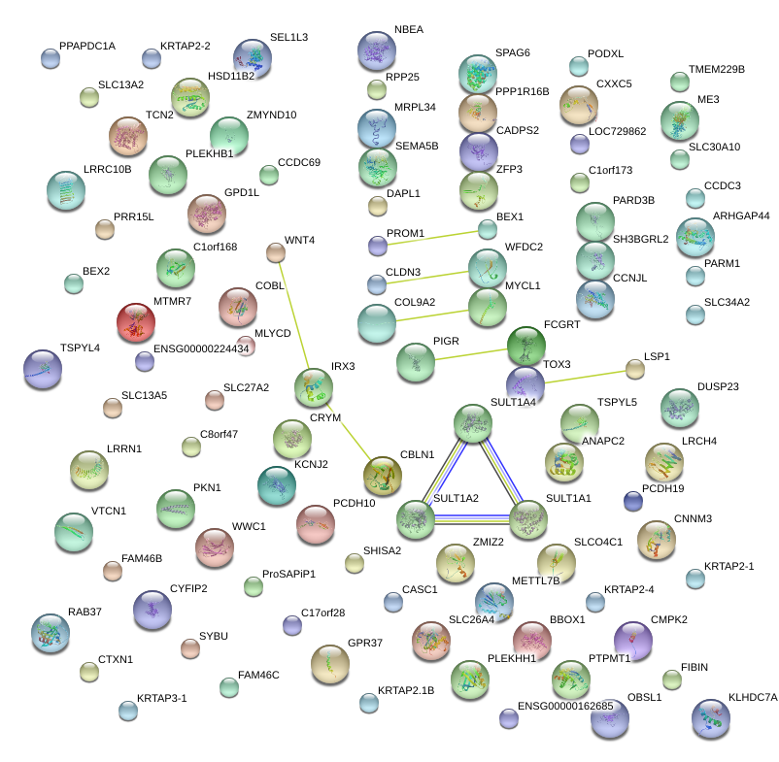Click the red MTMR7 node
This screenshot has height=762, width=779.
(x=135, y=322)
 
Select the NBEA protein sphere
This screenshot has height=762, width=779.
(x=377, y=50)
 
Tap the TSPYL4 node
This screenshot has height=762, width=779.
(x=42, y=369)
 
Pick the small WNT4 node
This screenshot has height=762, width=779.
(x=276, y=252)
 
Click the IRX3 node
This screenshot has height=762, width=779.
(x=314, y=386)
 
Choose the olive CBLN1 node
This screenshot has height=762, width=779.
(x=382, y=475)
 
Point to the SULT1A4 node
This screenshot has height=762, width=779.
(x=473, y=423)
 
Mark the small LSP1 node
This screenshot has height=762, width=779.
(x=634, y=369)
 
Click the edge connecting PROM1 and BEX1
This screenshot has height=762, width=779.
(x=432, y=238)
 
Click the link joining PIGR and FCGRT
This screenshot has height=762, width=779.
(x=470, y=352)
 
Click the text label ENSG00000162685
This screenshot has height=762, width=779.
(x=565, y=706)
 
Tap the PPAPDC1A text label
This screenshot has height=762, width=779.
(x=87, y=46)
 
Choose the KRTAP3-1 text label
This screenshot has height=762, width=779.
(x=161, y=698)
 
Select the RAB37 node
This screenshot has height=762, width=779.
(x=50, y=633)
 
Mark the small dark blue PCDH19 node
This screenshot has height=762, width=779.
(x=633, y=501)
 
